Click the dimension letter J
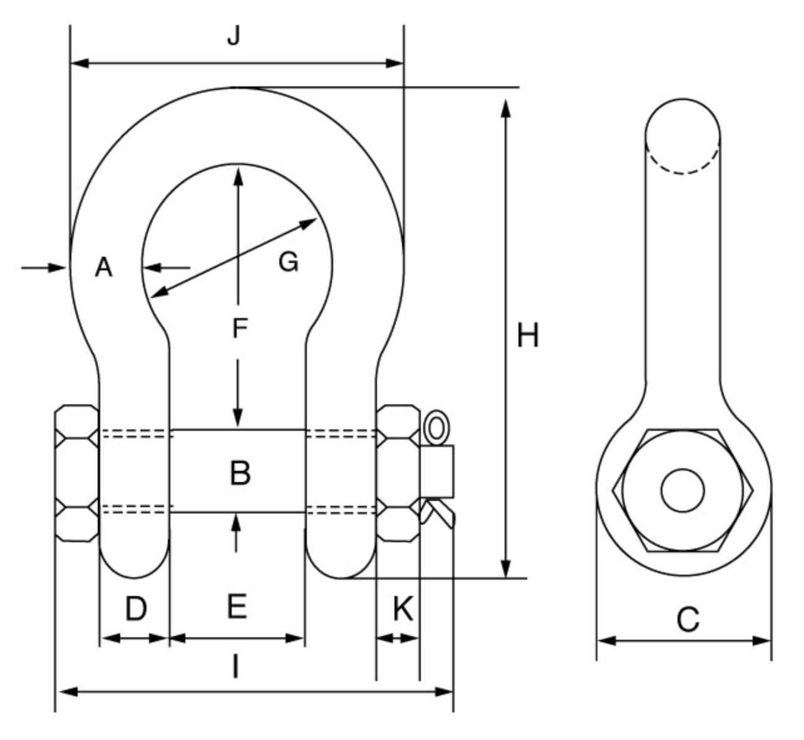[234, 36]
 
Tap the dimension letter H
[527, 336]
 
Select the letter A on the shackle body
[103, 268]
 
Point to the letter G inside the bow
[288, 262]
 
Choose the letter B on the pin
[240, 473]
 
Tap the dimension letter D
[135, 609]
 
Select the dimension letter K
[403, 609]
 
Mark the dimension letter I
[235, 667]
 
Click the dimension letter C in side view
[688, 620]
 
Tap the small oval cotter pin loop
[436, 428]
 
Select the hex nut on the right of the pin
[398, 473]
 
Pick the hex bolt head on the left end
[77, 473]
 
